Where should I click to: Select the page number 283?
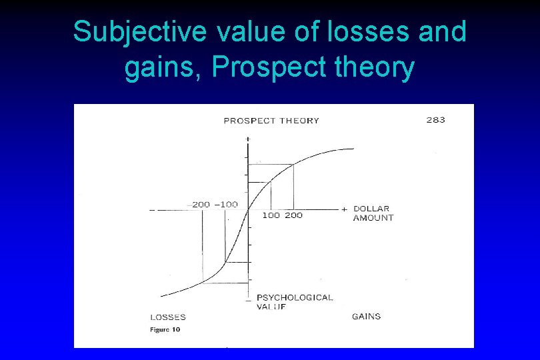(435, 120)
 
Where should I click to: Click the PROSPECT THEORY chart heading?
(271, 121)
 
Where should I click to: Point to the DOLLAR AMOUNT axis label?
(373, 213)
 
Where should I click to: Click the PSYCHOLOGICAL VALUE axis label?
(294, 302)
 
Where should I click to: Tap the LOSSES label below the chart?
(167, 317)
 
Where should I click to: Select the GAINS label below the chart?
(366, 316)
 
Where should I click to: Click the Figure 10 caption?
(165, 329)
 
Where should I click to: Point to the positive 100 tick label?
(271, 215)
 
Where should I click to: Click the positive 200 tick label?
(293, 215)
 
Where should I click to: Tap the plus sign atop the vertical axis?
(248, 138)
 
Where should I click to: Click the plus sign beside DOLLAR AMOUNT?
(344, 209)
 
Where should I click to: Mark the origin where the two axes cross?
(248, 210)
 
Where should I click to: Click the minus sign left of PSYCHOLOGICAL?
(248, 299)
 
